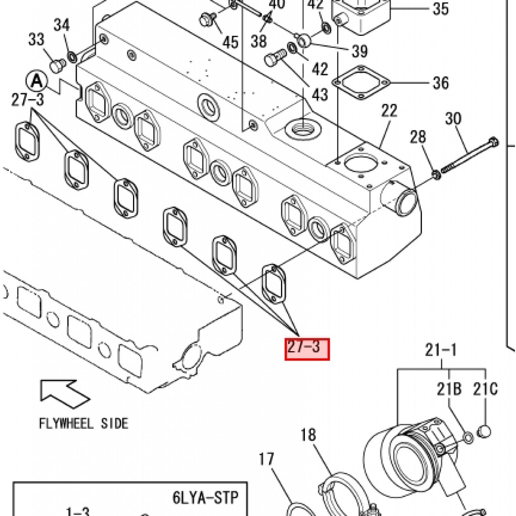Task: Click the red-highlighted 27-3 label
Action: (307, 349)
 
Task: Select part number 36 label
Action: (440, 82)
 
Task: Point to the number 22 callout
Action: (389, 111)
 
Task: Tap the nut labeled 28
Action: (436, 175)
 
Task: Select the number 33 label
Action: (36, 39)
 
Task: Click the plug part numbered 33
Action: (56, 65)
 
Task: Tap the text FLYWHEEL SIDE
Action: (84, 423)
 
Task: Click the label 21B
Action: (449, 389)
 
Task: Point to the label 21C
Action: (485, 389)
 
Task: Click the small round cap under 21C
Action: (484, 432)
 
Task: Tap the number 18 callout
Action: (309, 435)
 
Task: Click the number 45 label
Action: (231, 42)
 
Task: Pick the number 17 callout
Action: (267, 460)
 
